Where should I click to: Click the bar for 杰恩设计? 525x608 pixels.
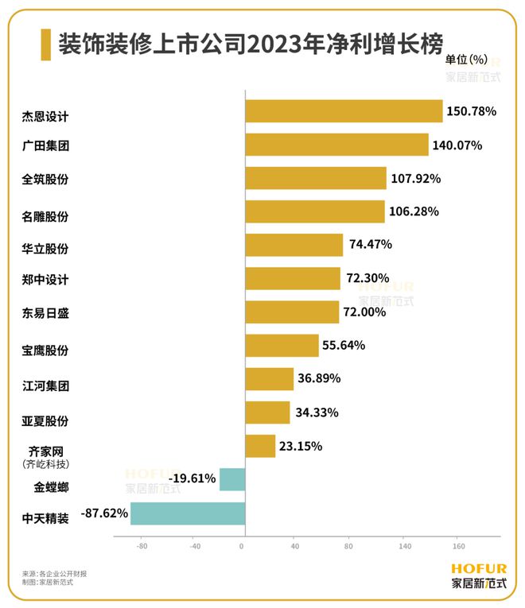coord(343,111)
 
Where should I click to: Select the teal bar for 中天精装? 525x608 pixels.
coord(188,513)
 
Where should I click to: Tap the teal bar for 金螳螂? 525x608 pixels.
coord(231,479)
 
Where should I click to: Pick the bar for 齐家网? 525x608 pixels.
coord(260,446)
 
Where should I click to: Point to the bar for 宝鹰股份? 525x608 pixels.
coord(282,346)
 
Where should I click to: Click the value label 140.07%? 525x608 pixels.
coord(457,145)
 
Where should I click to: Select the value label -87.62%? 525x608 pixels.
coord(104,513)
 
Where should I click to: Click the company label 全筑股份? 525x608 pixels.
coord(46,180)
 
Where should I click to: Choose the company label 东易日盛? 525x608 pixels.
coord(46,313)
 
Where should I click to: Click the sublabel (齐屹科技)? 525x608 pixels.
coord(45,464)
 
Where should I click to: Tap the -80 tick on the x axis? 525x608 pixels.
coord(142,547)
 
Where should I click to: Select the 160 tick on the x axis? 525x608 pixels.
coord(459,547)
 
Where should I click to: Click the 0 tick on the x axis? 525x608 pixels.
coord(243,547)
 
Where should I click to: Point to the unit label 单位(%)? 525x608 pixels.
coord(466,60)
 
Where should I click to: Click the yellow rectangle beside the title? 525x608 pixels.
coord(45,45)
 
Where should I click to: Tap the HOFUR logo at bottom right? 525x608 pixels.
coord(478,575)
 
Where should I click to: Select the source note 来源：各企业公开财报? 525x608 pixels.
coord(55,572)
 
